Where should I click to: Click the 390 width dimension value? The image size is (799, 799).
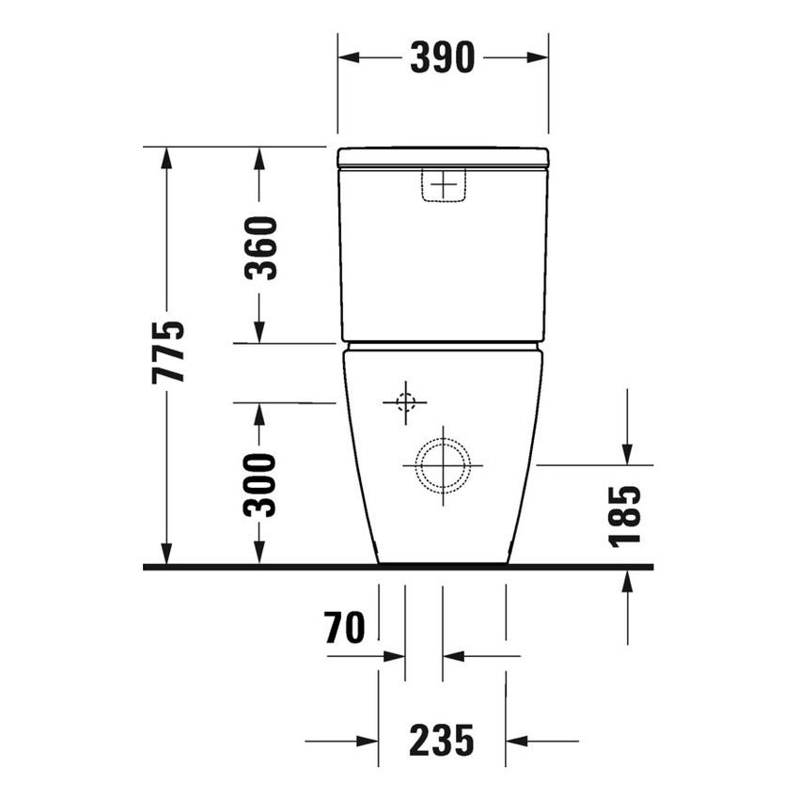coord(443,58)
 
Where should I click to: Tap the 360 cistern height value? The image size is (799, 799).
coord(260,247)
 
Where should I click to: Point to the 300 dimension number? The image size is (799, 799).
coord(260,484)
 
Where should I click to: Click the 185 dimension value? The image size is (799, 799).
coord(625,515)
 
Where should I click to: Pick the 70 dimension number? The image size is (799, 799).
coord(344,628)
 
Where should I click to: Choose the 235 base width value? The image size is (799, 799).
coord(442,742)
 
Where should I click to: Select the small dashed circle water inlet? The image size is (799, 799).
coord(405,402)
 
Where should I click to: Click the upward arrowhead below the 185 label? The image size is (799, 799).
coord(627,582)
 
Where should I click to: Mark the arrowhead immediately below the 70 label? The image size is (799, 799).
coord(394,656)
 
